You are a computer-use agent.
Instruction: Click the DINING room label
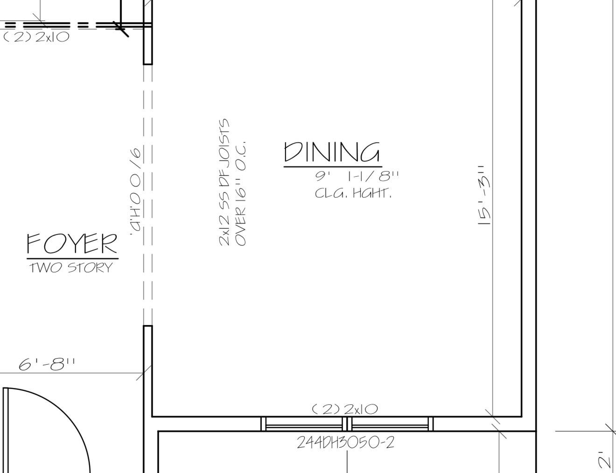pos(332,152)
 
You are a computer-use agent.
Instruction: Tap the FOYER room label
pos(72,243)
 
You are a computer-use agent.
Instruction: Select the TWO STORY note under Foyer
pos(71,268)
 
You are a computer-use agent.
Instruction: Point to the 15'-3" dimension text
pos(485,195)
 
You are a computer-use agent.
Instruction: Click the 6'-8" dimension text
pos(47,364)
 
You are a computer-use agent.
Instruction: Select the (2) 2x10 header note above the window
pos(345,409)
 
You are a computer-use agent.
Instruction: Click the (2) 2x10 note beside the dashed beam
pos(36,37)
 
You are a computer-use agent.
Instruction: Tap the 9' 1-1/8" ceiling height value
pos(357,176)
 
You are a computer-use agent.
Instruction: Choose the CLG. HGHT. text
pos(353,194)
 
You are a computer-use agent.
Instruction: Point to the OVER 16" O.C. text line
pos(240,194)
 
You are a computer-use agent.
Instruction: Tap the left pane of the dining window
pos(304,424)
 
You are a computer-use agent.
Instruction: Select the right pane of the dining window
pos(390,424)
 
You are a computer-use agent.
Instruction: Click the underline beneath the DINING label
pos(333,167)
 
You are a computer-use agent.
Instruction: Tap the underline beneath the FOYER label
pos(73,258)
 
